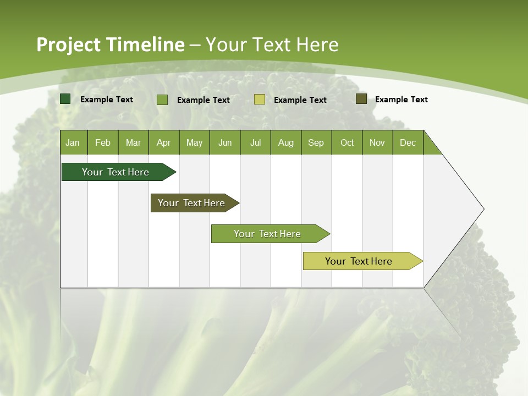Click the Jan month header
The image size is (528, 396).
pyautogui.click(x=73, y=142)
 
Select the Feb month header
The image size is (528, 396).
pyautogui.click(x=103, y=142)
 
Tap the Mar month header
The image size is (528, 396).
pyautogui.click(x=133, y=142)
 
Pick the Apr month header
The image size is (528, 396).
pyautogui.click(x=164, y=142)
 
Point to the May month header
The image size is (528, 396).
pyautogui.click(x=194, y=142)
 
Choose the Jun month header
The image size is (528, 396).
pyautogui.click(x=225, y=142)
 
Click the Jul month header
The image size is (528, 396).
pyautogui.click(x=255, y=142)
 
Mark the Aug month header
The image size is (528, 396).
pyautogui.click(x=286, y=142)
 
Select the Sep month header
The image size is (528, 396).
pyautogui.click(x=316, y=142)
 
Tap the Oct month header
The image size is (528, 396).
pyautogui.click(x=347, y=142)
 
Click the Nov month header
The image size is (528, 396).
pyautogui.click(x=377, y=142)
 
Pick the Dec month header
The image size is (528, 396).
pyautogui.click(x=408, y=142)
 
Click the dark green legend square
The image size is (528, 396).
pyautogui.click(x=65, y=99)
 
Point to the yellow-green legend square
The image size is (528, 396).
pyautogui.click(x=260, y=100)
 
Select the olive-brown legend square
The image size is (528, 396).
pyautogui.click(x=361, y=99)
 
